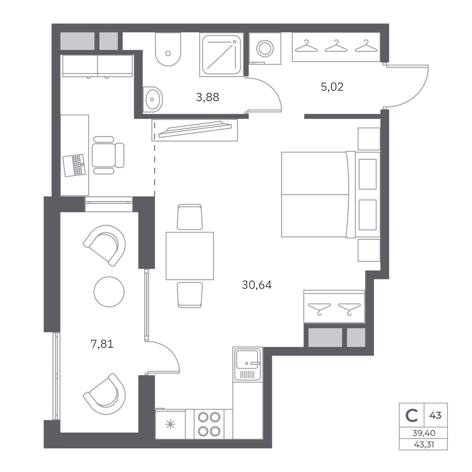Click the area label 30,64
click(257, 285)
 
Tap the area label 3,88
click(207, 97)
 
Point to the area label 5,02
click(332, 87)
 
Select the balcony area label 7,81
click(102, 344)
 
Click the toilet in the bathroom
click(168, 49)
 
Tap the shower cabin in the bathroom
click(221, 55)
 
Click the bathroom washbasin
click(152, 99)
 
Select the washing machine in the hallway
click(265, 49)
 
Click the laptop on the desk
click(74, 165)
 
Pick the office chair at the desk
click(108, 155)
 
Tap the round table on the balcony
click(109, 291)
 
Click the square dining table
click(190, 256)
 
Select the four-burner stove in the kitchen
click(209, 424)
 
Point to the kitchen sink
click(248, 364)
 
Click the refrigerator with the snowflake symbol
click(170, 424)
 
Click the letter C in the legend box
click(411, 415)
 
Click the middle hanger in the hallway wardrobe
click(336, 46)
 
